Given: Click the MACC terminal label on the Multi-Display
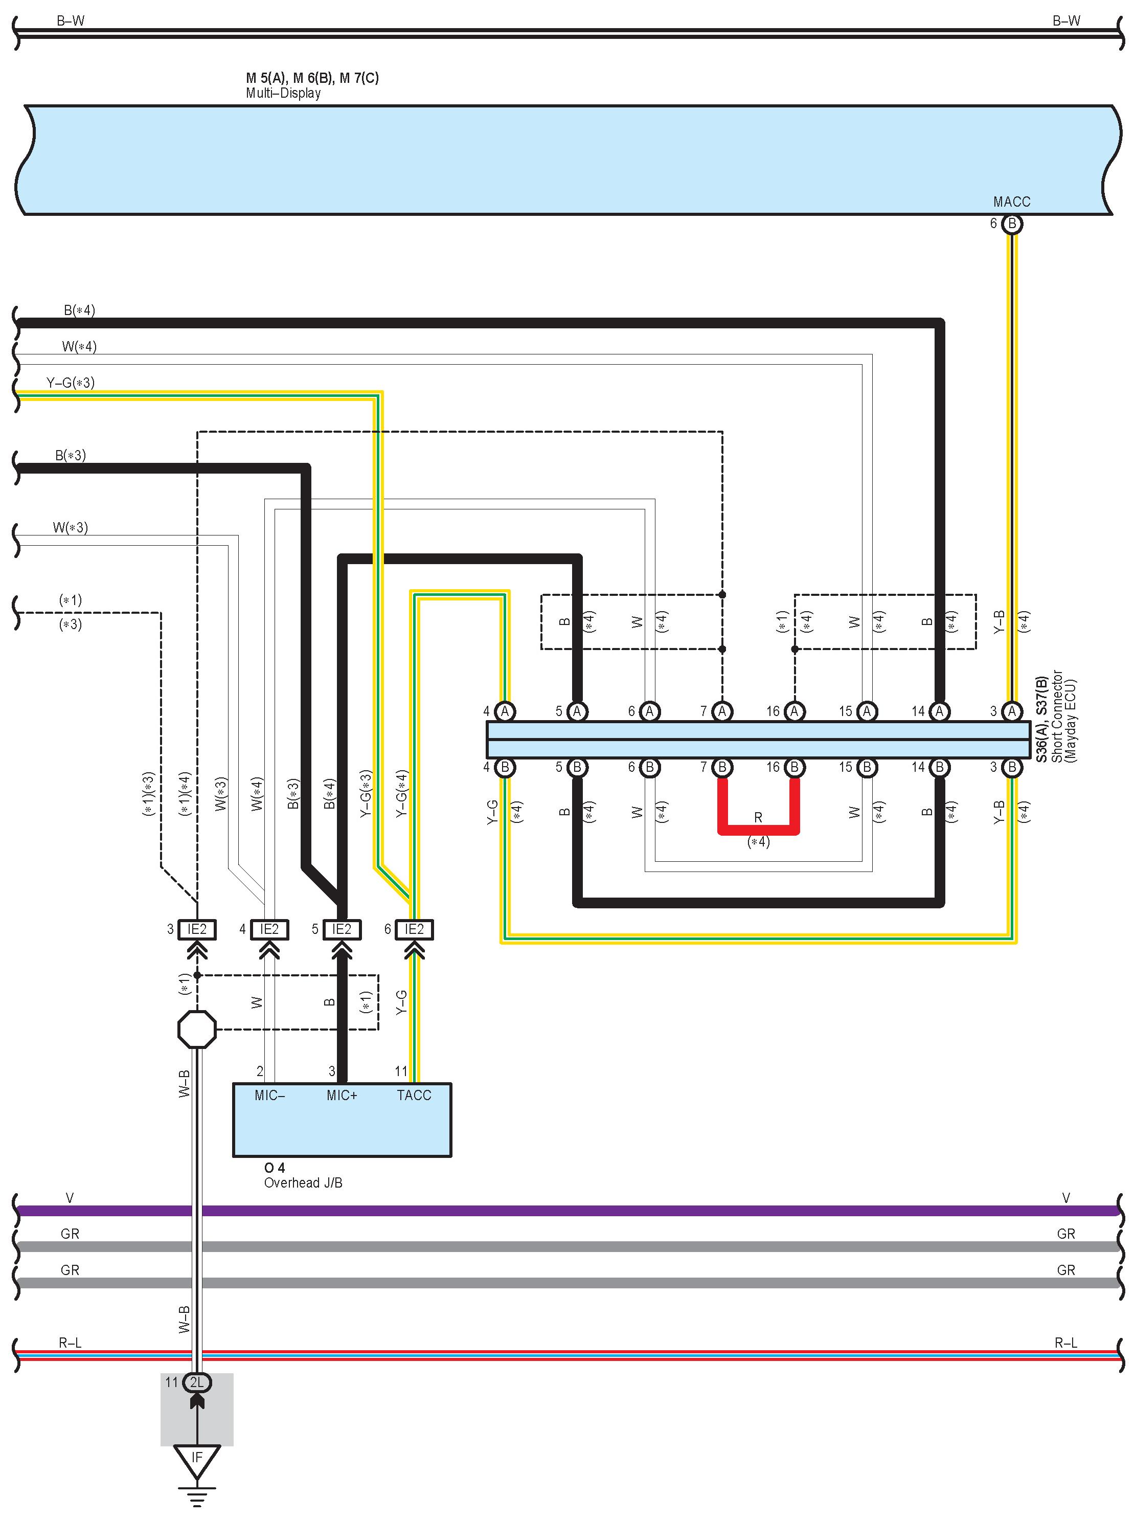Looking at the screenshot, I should [1011, 202].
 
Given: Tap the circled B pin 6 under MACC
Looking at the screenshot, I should [1011, 224].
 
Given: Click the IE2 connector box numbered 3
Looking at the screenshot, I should [197, 929].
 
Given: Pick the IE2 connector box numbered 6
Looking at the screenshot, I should [414, 929].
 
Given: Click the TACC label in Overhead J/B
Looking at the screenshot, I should [414, 1096].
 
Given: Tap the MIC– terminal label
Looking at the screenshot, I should [269, 1096].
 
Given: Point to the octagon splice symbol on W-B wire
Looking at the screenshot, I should [197, 1029].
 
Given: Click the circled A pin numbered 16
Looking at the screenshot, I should [794, 711].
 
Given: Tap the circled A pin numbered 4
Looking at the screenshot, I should [505, 711].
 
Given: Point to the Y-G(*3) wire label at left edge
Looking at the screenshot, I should [70, 383].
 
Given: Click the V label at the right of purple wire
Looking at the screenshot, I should [1065, 1198].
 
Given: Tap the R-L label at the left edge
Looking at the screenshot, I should [70, 1343].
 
